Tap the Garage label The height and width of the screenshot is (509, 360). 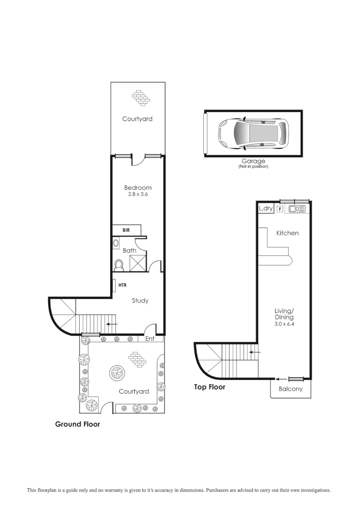[253, 161]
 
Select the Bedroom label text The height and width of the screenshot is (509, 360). [138, 188]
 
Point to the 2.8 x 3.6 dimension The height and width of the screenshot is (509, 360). [138, 194]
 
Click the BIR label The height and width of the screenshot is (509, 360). [126, 230]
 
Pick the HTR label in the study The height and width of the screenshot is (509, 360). [123, 285]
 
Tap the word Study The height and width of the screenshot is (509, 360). [140, 301]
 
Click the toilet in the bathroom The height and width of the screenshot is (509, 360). [118, 266]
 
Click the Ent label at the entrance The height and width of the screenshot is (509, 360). [150, 339]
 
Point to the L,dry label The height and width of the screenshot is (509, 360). [266, 208]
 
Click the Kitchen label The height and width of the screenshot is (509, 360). [287, 233]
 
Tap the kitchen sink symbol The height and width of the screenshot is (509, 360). [297, 208]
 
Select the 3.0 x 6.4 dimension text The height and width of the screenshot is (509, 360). [284, 324]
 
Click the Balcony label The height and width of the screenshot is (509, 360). [290, 389]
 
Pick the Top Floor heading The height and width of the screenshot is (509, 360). [210, 387]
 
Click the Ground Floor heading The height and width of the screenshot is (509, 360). [78, 424]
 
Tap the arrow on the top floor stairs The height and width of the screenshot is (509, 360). [254, 352]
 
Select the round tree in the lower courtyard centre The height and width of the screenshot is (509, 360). [117, 374]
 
